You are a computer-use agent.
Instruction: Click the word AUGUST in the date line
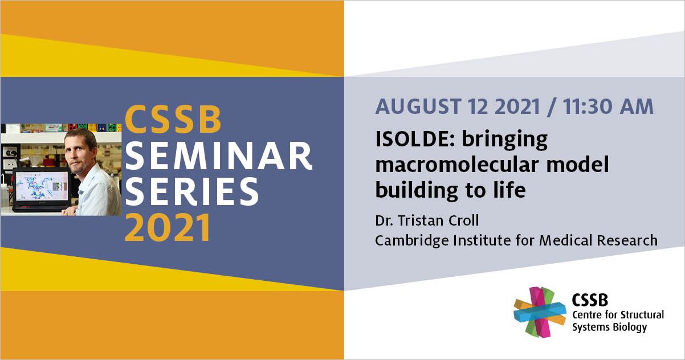pos(418,107)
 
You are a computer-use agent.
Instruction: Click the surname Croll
pos(463,220)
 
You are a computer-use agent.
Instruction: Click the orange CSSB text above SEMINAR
pos(173,120)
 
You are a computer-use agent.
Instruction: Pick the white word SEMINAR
pos(218,156)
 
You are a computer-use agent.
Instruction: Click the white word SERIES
pos(191,191)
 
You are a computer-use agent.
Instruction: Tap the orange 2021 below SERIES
pos(168,228)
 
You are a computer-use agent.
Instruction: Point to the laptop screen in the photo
pos(43,186)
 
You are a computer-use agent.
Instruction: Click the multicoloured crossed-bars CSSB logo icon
pos(540,312)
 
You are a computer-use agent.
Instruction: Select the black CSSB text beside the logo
pos(590,300)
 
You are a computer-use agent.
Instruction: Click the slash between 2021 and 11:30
pos(552,107)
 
